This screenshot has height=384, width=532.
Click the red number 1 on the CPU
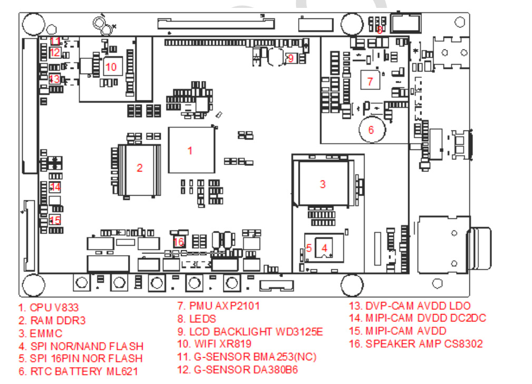pyautogui.click(x=190, y=150)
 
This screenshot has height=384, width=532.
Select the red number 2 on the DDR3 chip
pyautogui.click(x=140, y=168)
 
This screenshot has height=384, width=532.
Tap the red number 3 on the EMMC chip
pyautogui.click(x=323, y=184)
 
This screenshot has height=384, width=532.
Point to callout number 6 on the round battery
pyautogui.click(x=371, y=130)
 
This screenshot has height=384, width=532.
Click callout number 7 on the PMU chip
pyautogui.click(x=370, y=82)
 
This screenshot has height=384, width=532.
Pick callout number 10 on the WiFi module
pyautogui.click(x=111, y=67)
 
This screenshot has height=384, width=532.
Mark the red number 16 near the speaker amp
pyautogui.click(x=179, y=241)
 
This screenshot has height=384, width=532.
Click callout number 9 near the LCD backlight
pyautogui.click(x=290, y=58)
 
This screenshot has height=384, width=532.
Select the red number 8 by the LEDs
pyautogui.click(x=380, y=30)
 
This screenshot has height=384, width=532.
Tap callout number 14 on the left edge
pyautogui.click(x=55, y=187)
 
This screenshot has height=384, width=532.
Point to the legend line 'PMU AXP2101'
pyautogui.click(x=219, y=306)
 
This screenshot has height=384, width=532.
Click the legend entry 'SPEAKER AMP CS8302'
pyautogui.click(x=416, y=344)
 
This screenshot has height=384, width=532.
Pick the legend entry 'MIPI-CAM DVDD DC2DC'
pyautogui.click(x=417, y=318)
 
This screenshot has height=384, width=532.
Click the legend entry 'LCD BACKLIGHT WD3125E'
pyautogui.click(x=250, y=331)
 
